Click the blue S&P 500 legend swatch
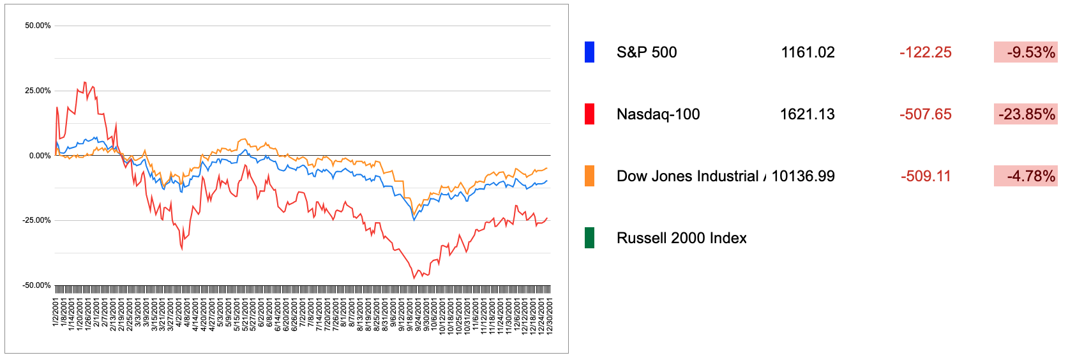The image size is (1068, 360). click(589, 52)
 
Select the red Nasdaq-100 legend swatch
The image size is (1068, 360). click(589, 114)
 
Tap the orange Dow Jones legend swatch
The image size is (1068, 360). click(589, 176)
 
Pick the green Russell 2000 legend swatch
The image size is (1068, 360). click(589, 238)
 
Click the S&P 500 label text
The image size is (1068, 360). click(646, 52)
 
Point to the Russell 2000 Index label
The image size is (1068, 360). click(681, 238)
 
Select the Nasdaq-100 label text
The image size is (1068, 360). click(658, 114)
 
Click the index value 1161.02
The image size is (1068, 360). click(808, 52)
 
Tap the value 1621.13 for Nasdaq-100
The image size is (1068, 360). click(807, 114)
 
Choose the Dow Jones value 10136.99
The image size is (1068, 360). click(802, 176)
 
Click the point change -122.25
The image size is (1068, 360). click(925, 52)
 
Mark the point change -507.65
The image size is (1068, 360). click(925, 114)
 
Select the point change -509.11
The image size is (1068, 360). click(925, 176)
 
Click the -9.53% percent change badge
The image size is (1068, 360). click(1025, 52)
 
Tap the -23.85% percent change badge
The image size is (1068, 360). click(1025, 114)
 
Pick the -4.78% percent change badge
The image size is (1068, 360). click(1025, 176)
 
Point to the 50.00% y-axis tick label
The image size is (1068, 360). click(38, 26)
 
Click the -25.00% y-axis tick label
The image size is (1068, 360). click(36, 221)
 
